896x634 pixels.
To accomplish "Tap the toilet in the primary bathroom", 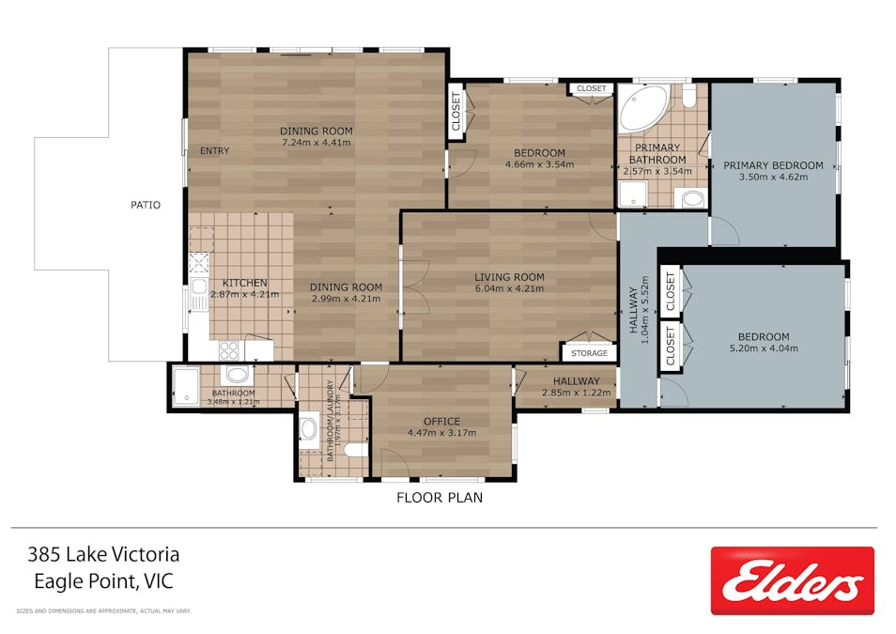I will pyautogui.click(x=688, y=97).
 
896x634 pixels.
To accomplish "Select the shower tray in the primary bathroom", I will pyautogui.click(x=632, y=195).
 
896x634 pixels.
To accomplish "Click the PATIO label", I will pyautogui.click(x=146, y=204).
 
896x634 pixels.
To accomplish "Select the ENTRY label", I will pyautogui.click(x=214, y=151).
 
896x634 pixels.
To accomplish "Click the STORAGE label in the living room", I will pyautogui.click(x=589, y=353).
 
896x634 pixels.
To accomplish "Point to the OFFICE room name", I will pyautogui.click(x=441, y=421).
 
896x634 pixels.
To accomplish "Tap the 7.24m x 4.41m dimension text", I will pyautogui.click(x=316, y=143).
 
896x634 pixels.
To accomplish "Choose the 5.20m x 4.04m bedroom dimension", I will pyautogui.click(x=763, y=348).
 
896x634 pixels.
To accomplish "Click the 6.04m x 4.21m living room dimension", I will pyautogui.click(x=509, y=288).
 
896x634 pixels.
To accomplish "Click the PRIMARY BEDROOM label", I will pyautogui.click(x=773, y=165).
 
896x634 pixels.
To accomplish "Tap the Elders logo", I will pyautogui.click(x=792, y=580).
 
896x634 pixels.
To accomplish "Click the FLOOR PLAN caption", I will pyautogui.click(x=440, y=498).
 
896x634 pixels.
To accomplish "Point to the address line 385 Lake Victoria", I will pyautogui.click(x=104, y=555).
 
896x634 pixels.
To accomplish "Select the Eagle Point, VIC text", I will pyautogui.click(x=103, y=581).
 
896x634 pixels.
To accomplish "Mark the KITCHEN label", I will pyautogui.click(x=244, y=283).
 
